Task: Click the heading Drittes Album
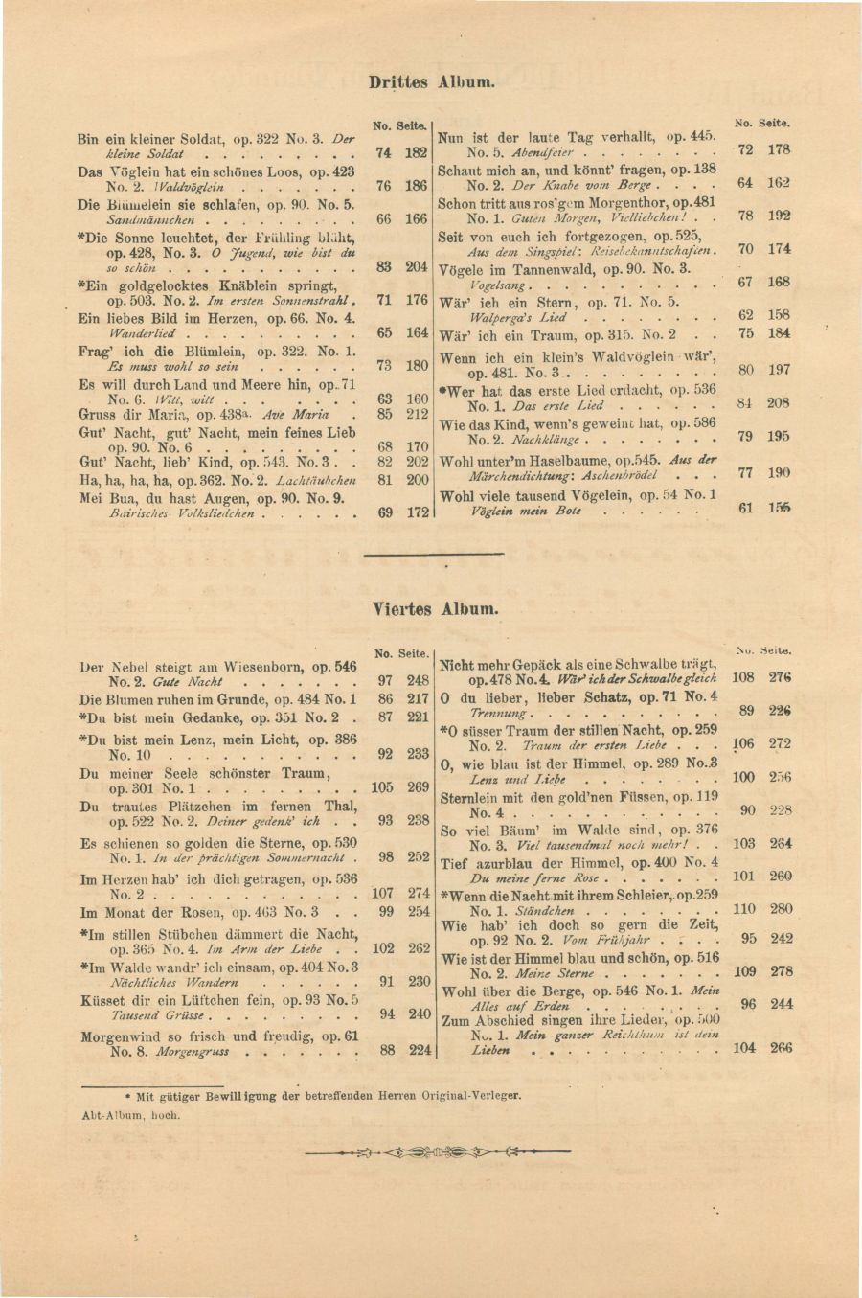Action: tap(432, 82)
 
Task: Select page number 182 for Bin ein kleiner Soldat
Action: tap(415, 152)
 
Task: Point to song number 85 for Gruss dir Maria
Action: tap(384, 415)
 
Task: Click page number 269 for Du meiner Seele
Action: tap(418, 787)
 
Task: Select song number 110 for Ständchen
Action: tap(743, 909)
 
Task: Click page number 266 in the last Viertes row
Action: tap(781, 1048)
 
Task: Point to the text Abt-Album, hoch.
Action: tap(131, 1115)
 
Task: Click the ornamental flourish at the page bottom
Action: tap(437, 1150)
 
